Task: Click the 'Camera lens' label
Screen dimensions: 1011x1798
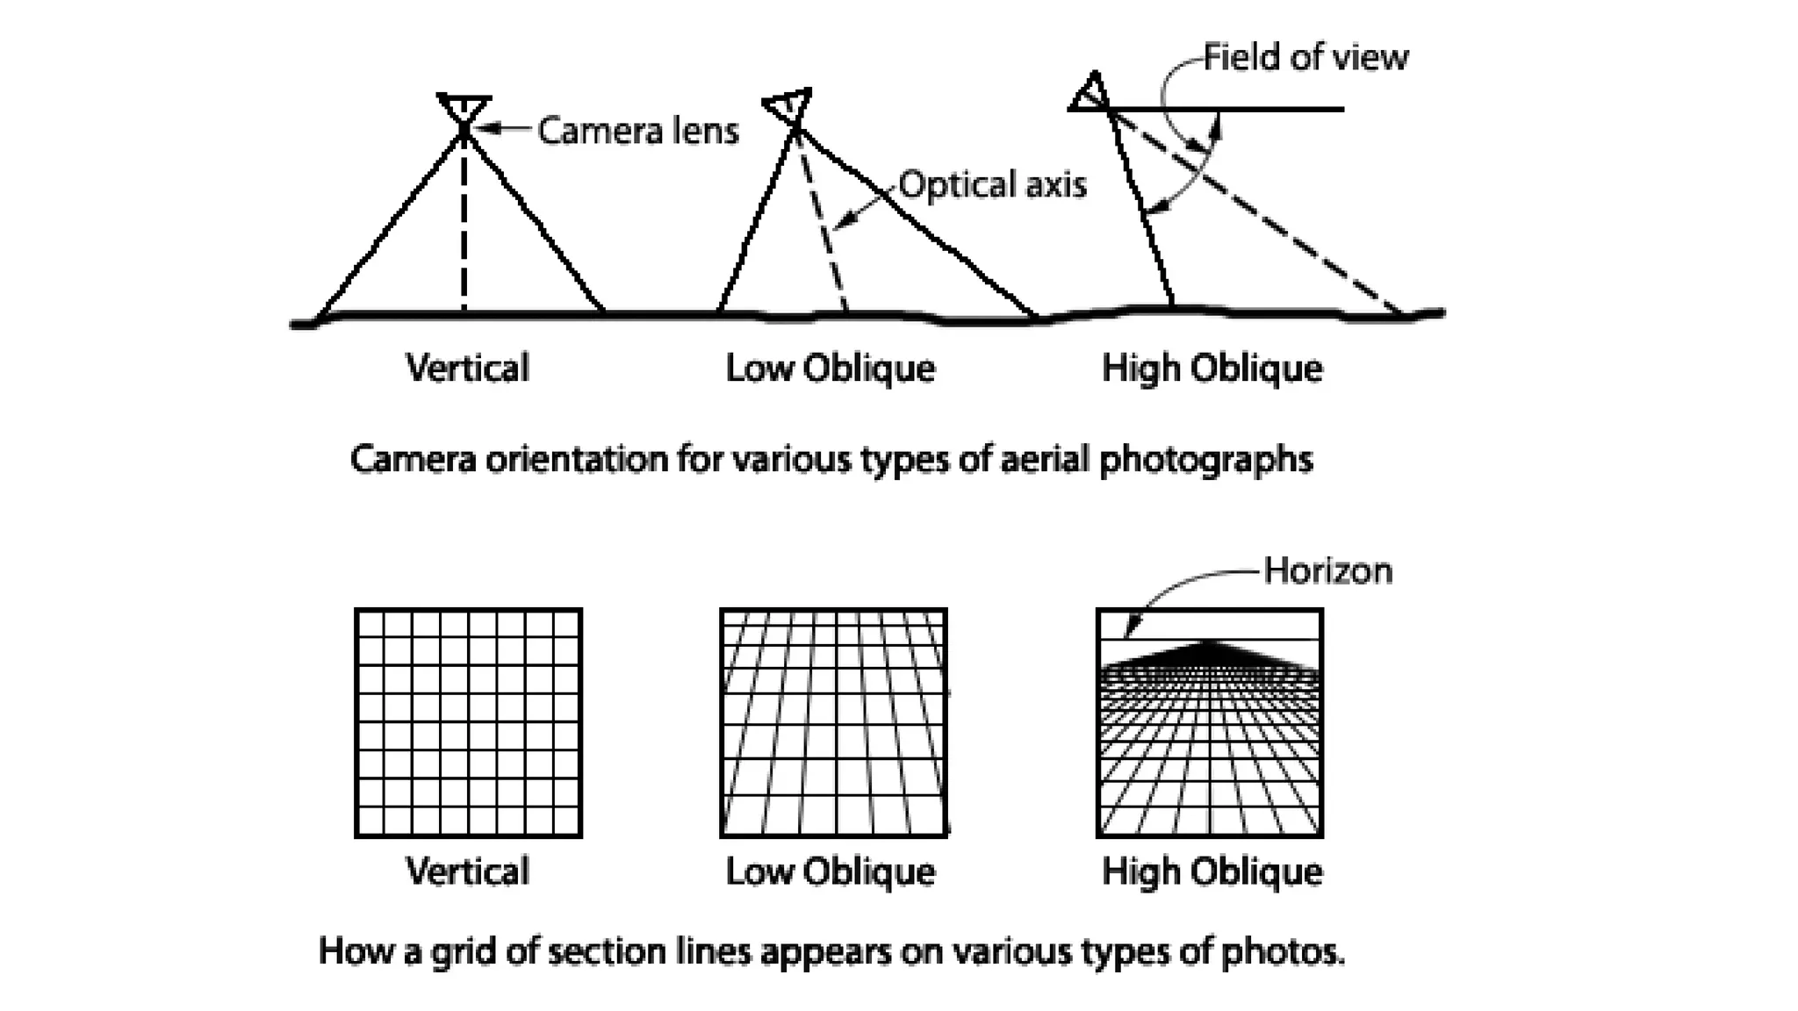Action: [637, 131]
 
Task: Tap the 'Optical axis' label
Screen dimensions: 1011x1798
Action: [992, 185]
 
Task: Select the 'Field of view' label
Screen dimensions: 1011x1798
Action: [1305, 58]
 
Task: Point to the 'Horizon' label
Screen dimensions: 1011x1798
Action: [1327, 571]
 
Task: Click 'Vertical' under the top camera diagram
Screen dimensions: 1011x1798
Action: [467, 368]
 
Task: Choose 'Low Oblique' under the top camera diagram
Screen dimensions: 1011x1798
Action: [830, 368]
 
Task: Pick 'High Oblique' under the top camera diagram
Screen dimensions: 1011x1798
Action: [1212, 368]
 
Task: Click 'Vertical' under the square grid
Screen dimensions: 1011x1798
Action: [467, 871]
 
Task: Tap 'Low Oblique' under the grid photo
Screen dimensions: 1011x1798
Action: [830, 871]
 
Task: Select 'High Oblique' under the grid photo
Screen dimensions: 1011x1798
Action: [1212, 871]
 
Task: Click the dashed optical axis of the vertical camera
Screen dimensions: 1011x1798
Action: [464, 228]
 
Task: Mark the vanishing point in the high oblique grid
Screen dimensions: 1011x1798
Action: [1210, 643]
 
